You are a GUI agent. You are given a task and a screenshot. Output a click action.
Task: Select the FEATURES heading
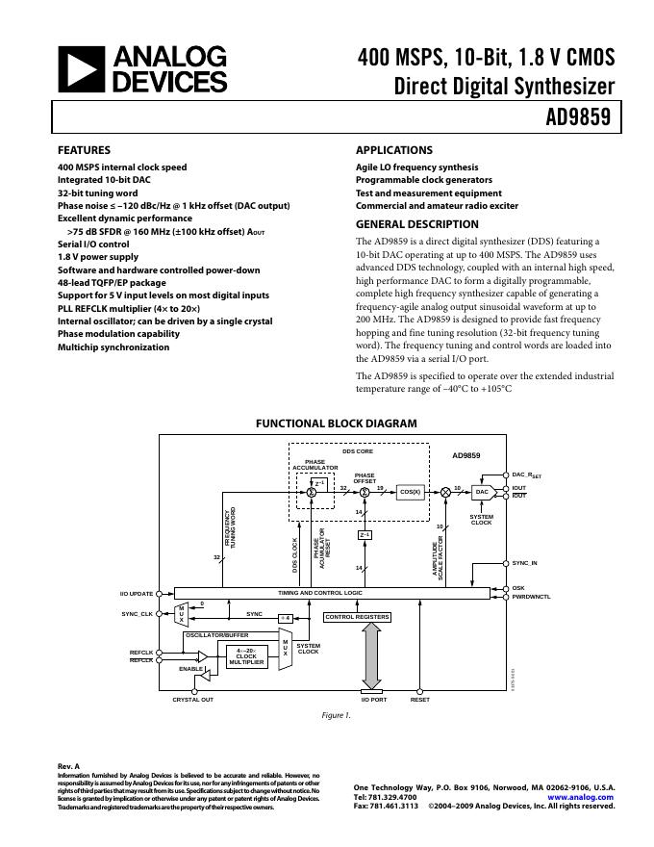click(85, 151)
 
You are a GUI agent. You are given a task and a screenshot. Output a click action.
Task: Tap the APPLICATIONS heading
click(394, 151)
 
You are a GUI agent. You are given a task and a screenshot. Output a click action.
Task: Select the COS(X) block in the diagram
click(411, 492)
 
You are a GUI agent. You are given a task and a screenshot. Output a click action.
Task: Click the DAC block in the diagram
click(483, 492)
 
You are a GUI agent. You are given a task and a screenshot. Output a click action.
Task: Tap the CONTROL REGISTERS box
click(357, 617)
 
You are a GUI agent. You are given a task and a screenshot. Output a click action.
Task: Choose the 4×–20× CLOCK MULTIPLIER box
click(247, 656)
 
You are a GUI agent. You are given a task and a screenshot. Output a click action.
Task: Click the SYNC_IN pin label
click(525, 563)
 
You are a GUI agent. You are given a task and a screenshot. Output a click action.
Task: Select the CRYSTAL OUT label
click(192, 700)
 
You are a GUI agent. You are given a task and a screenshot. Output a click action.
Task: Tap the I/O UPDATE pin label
click(137, 593)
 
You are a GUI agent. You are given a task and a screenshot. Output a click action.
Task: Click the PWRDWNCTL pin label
click(531, 598)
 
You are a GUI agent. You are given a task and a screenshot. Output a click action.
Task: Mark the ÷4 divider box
click(285, 617)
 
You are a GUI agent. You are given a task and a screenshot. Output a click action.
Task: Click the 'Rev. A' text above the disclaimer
click(69, 766)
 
